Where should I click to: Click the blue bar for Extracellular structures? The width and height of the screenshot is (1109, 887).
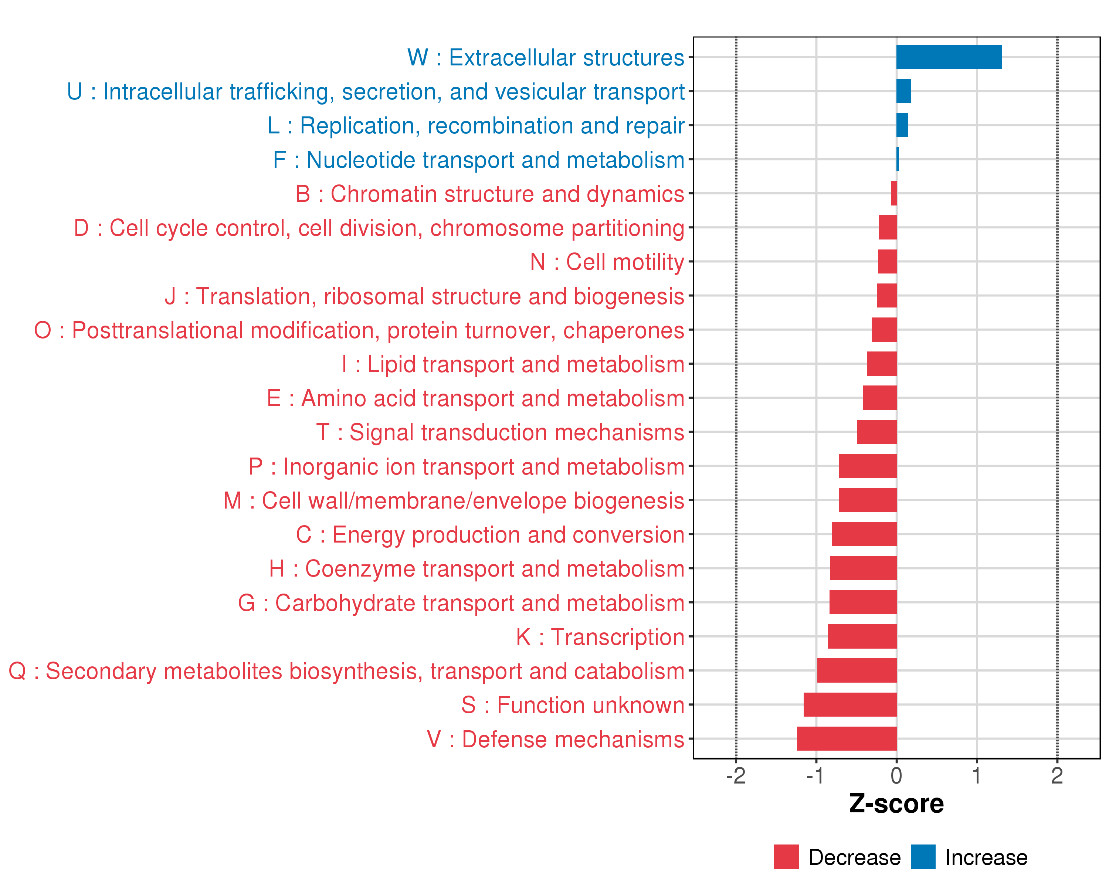[949, 57]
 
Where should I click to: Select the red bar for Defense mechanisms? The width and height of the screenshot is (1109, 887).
[847, 738]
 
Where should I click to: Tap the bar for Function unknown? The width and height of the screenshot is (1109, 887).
[850, 704]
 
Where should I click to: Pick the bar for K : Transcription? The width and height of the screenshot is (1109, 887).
[862, 636]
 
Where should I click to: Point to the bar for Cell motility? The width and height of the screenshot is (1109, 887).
[887, 262]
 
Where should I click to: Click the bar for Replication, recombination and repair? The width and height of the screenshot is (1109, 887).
[902, 125]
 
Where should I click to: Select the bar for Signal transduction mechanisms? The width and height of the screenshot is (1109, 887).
[876, 432]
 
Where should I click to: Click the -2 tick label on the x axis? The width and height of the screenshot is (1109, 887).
[736, 775]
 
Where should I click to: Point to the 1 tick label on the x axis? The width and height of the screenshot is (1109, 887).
[976, 775]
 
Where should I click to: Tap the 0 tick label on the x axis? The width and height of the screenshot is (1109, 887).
[896, 775]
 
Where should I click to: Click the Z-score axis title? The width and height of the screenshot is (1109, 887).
[896, 804]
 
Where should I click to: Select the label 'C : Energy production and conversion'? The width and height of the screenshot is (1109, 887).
[490, 535]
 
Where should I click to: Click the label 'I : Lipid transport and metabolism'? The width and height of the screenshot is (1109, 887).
[513, 364]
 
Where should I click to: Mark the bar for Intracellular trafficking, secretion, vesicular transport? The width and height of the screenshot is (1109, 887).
[904, 91]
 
